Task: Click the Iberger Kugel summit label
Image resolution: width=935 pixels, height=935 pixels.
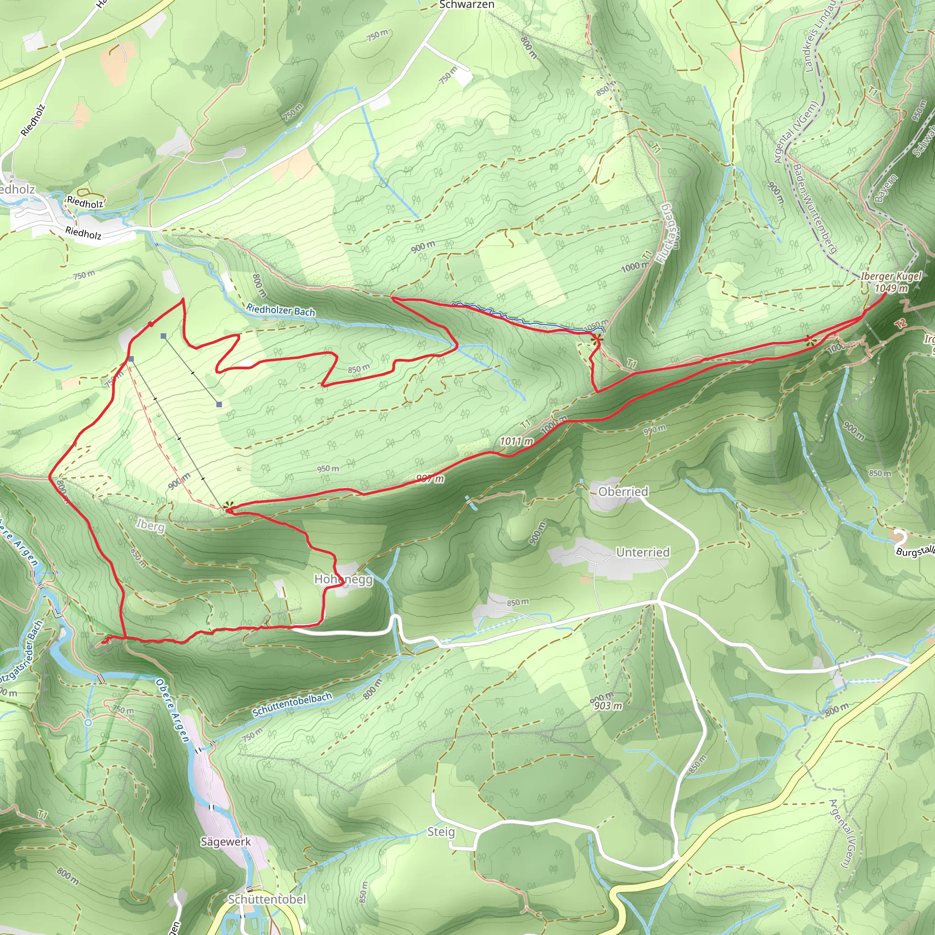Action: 891,276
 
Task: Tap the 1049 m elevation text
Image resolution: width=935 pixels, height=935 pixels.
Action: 891,289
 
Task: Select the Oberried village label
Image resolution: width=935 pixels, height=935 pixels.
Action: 623,492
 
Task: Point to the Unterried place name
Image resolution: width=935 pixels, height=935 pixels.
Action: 643,552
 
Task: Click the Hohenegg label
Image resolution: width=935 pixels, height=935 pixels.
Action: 343,579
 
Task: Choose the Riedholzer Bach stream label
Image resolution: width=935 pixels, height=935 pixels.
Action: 281,310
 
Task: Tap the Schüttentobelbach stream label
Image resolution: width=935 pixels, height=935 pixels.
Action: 292,704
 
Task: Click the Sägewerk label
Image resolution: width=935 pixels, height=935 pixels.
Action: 226,841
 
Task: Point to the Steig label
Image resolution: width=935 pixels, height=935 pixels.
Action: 441,831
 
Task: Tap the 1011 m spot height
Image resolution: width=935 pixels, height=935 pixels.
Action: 516,441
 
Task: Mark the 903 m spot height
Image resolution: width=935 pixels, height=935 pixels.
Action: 608,706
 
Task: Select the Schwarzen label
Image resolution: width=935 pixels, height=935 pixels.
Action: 467,5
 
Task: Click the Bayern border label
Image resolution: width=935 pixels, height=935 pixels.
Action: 886,188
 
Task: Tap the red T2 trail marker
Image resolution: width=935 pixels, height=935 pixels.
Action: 900,324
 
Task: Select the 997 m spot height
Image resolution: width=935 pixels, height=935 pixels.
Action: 430,479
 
